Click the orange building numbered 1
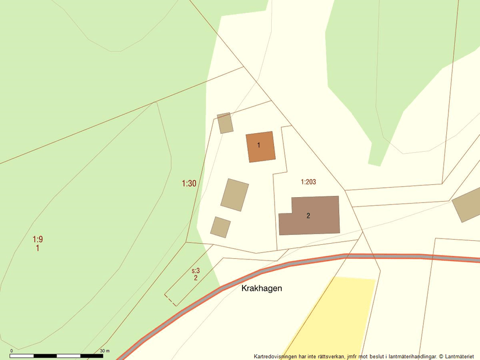(260, 147)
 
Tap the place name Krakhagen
(261, 288)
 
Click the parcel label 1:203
(308, 182)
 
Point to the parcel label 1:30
(189, 183)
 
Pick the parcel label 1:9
(38, 239)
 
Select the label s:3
(195, 270)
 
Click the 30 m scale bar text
(105, 351)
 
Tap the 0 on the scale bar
(11, 351)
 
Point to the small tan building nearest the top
(225, 123)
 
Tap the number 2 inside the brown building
(308, 216)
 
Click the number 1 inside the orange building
(259, 145)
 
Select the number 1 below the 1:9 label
(38, 248)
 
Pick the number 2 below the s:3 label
(195, 278)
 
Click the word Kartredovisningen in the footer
(276, 357)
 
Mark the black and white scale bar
(56, 355)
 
